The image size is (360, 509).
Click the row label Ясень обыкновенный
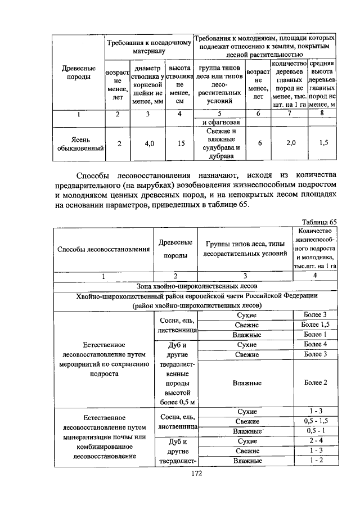[76, 143]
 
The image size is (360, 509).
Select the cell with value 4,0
[149, 143]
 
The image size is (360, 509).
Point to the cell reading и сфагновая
[221, 122]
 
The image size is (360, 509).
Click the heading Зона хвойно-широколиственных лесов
[195, 285]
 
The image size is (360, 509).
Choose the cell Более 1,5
[314, 325]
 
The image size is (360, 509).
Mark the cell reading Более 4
[314, 344]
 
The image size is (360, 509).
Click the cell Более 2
[314, 382]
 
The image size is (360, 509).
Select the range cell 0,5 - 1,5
[314, 421]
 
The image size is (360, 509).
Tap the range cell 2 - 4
[314, 440]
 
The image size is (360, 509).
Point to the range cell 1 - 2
[314, 461]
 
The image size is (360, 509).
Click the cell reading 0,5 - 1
[314, 430]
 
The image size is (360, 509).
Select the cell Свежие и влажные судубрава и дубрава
[221, 143]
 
